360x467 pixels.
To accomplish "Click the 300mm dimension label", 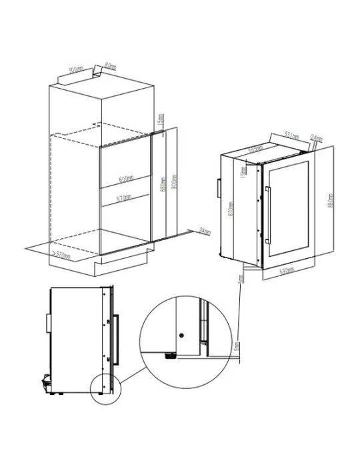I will pyautogui.click(x=75, y=69).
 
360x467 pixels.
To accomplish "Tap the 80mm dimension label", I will pyautogui.click(x=109, y=67).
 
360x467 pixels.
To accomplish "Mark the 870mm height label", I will pyautogui.click(x=230, y=212).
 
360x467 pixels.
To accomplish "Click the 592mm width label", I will pyautogui.click(x=287, y=272).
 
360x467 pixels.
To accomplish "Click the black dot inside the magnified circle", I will pyautogui.click(x=181, y=333).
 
